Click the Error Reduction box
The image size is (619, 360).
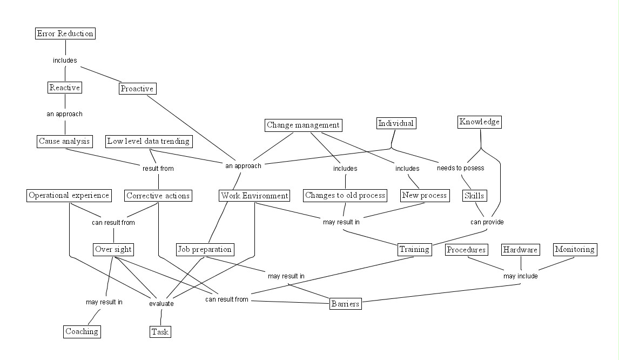65,34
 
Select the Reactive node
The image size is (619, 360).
65,88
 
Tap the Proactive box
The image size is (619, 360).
137,89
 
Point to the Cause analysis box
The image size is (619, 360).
65,142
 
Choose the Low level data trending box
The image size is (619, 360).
149,142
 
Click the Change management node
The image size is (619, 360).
304,125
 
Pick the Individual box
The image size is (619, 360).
396,123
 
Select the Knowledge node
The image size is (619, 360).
480,122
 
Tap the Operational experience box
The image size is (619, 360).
69,196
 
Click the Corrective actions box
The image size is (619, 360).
158,196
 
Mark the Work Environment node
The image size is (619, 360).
254,196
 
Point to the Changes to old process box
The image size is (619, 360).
345,195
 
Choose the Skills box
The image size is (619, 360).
474,196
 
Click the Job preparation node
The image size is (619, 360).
205,250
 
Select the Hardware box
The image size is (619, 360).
521,250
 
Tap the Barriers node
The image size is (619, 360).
345,304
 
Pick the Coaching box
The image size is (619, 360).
82,331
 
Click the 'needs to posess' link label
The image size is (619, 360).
460,168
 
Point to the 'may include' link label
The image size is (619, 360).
521,276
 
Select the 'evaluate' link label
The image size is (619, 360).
162,304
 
